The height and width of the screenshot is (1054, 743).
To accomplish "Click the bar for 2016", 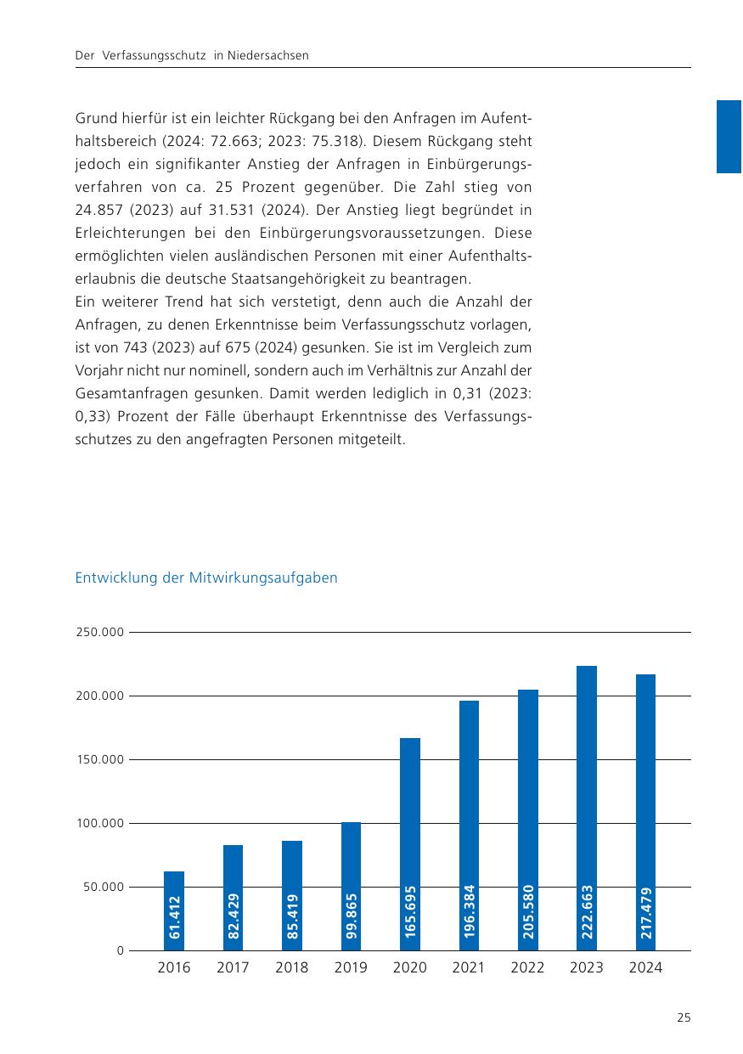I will coord(174,910).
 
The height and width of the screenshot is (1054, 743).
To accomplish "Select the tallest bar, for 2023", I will coord(587,808).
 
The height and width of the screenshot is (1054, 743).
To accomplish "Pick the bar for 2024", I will coord(645,812).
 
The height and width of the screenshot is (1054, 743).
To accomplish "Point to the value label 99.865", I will coord(352,916).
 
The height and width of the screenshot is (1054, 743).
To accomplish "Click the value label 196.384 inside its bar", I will coord(469,911).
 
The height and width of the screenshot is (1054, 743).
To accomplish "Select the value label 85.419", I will coord(292,916).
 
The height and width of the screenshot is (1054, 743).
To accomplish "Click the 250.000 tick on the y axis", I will coord(100,633).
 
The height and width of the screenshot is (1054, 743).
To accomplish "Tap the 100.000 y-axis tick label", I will coord(100,824).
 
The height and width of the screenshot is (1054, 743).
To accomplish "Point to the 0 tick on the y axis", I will coord(121,951).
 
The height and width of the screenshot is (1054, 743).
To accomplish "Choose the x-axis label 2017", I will coord(233,968).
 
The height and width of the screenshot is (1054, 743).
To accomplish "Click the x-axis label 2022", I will coord(527,968).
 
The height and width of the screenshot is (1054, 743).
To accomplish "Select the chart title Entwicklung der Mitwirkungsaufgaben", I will coord(206,578).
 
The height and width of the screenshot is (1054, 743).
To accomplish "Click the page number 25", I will coord(684,1017).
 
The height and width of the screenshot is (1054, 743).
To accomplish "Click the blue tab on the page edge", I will coord(729,137).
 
